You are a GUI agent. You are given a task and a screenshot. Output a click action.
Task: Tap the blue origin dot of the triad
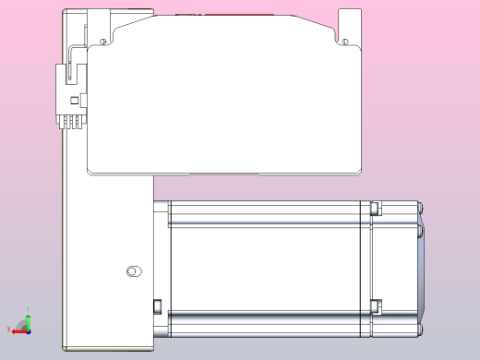click(26, 328)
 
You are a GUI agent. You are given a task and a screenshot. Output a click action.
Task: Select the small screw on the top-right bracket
click(344, 42)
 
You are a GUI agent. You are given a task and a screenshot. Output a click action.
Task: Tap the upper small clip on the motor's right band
click(375, 209)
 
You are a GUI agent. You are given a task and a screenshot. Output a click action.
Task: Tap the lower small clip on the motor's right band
click(375, 306)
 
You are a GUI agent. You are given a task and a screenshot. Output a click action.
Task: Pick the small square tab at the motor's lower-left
click(157, 306)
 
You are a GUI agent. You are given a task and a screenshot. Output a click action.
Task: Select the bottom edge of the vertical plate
click(108, 349)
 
